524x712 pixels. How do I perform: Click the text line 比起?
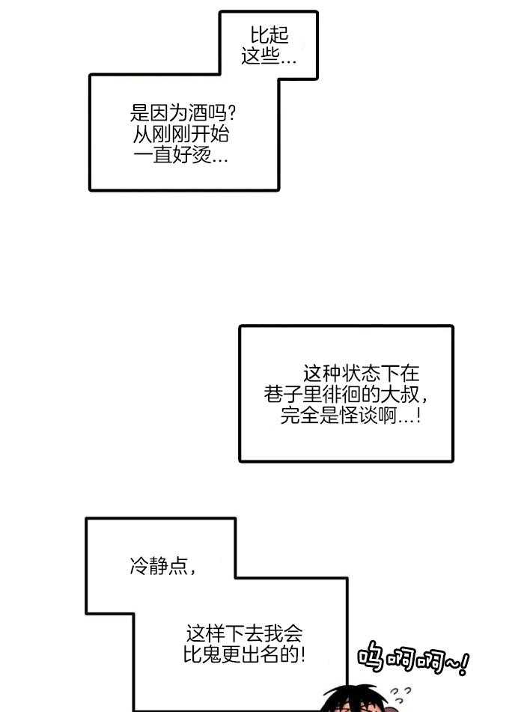(269, 34)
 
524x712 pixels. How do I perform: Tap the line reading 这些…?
(269, 56)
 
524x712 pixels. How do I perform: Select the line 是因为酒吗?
(184, 115)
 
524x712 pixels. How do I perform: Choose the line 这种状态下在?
(362, 373)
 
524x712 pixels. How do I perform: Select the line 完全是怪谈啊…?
(350, 416)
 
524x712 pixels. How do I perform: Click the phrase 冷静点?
(163, 567)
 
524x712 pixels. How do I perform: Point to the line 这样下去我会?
(244, 633)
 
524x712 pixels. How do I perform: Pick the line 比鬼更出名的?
(244, 655)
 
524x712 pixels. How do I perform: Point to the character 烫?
(201, 157)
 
